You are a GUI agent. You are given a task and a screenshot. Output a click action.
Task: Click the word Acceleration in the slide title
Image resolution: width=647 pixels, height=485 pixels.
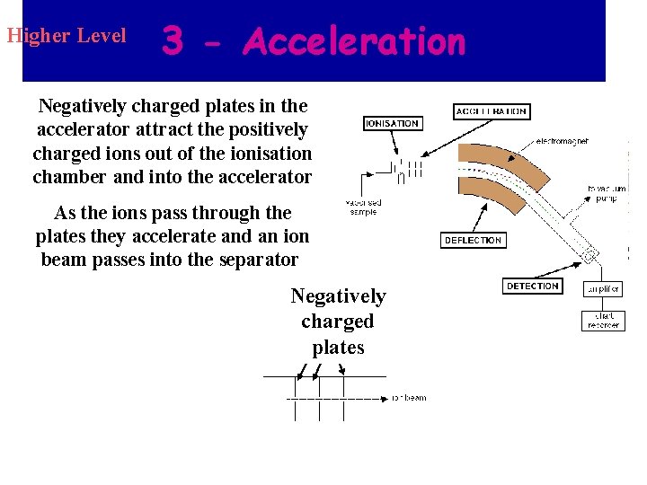354,41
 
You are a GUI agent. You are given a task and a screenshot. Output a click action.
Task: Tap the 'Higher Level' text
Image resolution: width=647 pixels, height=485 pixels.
66,37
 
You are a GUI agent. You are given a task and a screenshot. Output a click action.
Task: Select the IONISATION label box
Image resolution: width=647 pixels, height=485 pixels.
392,123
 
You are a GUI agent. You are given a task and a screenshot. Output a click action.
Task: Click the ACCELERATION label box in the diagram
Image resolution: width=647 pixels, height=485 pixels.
492,111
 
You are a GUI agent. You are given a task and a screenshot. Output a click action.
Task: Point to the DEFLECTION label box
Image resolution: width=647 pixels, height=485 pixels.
473,241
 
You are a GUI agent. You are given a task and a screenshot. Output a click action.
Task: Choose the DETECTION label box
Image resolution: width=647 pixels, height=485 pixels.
533,287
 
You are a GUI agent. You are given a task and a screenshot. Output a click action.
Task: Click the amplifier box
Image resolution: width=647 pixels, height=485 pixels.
603,289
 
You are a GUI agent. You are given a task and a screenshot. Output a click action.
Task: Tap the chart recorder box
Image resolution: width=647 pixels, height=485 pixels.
603,320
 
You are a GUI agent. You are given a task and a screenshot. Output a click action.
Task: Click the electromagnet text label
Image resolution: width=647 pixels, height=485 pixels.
563,141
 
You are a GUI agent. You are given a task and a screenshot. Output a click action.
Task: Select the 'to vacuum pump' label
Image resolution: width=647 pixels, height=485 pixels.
607,193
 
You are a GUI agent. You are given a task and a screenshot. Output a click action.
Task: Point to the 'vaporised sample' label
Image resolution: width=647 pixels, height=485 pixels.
364,207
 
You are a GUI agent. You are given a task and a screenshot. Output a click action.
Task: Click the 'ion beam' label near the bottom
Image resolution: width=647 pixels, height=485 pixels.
410,398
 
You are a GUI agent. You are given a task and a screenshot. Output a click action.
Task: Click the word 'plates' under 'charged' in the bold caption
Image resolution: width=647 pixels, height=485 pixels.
338,348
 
